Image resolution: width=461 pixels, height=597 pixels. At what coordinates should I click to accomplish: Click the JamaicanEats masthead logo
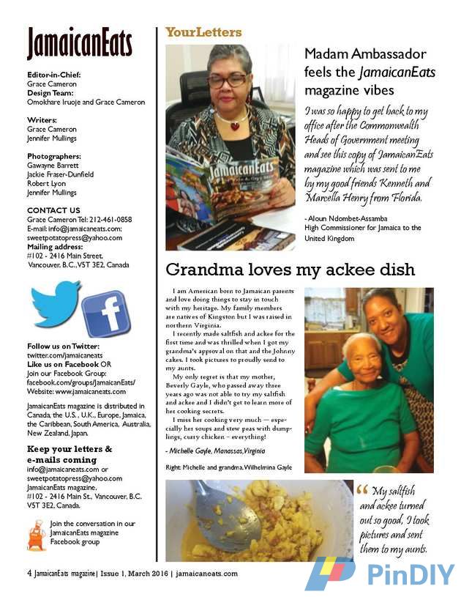79,44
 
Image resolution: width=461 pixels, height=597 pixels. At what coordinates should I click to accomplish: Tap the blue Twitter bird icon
55,303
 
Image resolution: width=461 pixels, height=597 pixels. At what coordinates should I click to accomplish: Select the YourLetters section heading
203,32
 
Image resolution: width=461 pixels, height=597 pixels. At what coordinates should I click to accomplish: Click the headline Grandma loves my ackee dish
291,270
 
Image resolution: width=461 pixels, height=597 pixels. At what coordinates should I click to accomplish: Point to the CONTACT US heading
53,210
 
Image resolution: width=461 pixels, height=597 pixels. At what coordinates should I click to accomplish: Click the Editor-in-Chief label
53,75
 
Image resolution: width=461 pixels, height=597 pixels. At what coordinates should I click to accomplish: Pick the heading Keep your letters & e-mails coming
70,453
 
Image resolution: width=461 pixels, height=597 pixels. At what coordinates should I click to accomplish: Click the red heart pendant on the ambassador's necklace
235,125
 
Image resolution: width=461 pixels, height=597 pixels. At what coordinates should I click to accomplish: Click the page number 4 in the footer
29,574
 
